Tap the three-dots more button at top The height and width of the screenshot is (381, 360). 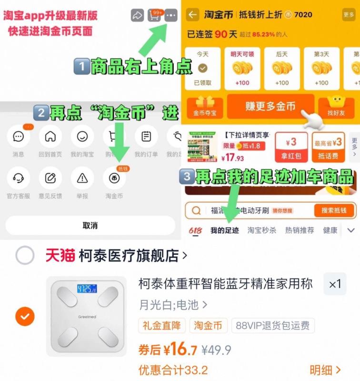point(171,16)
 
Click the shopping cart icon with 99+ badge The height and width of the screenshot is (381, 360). point(154,16)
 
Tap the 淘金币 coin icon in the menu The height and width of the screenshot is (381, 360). point(114,178)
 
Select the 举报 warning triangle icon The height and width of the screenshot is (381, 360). point(82,178)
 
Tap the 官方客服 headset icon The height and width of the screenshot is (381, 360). point(19,178)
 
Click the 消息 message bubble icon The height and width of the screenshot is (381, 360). point(19,137)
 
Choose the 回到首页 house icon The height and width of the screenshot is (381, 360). point(50,137)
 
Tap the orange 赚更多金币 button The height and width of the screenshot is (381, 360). point(270,106)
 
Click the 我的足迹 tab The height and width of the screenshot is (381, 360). point(225,231)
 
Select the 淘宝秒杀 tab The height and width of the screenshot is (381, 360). point(261,231)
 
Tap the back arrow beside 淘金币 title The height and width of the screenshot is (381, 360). point(192,15)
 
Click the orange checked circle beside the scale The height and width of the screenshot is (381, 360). point(25,316)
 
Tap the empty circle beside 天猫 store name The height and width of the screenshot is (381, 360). point(25,256)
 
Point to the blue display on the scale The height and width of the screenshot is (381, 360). point(87,289)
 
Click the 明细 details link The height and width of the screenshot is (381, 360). point(325,370)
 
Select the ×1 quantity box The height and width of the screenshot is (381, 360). point(335,284)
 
